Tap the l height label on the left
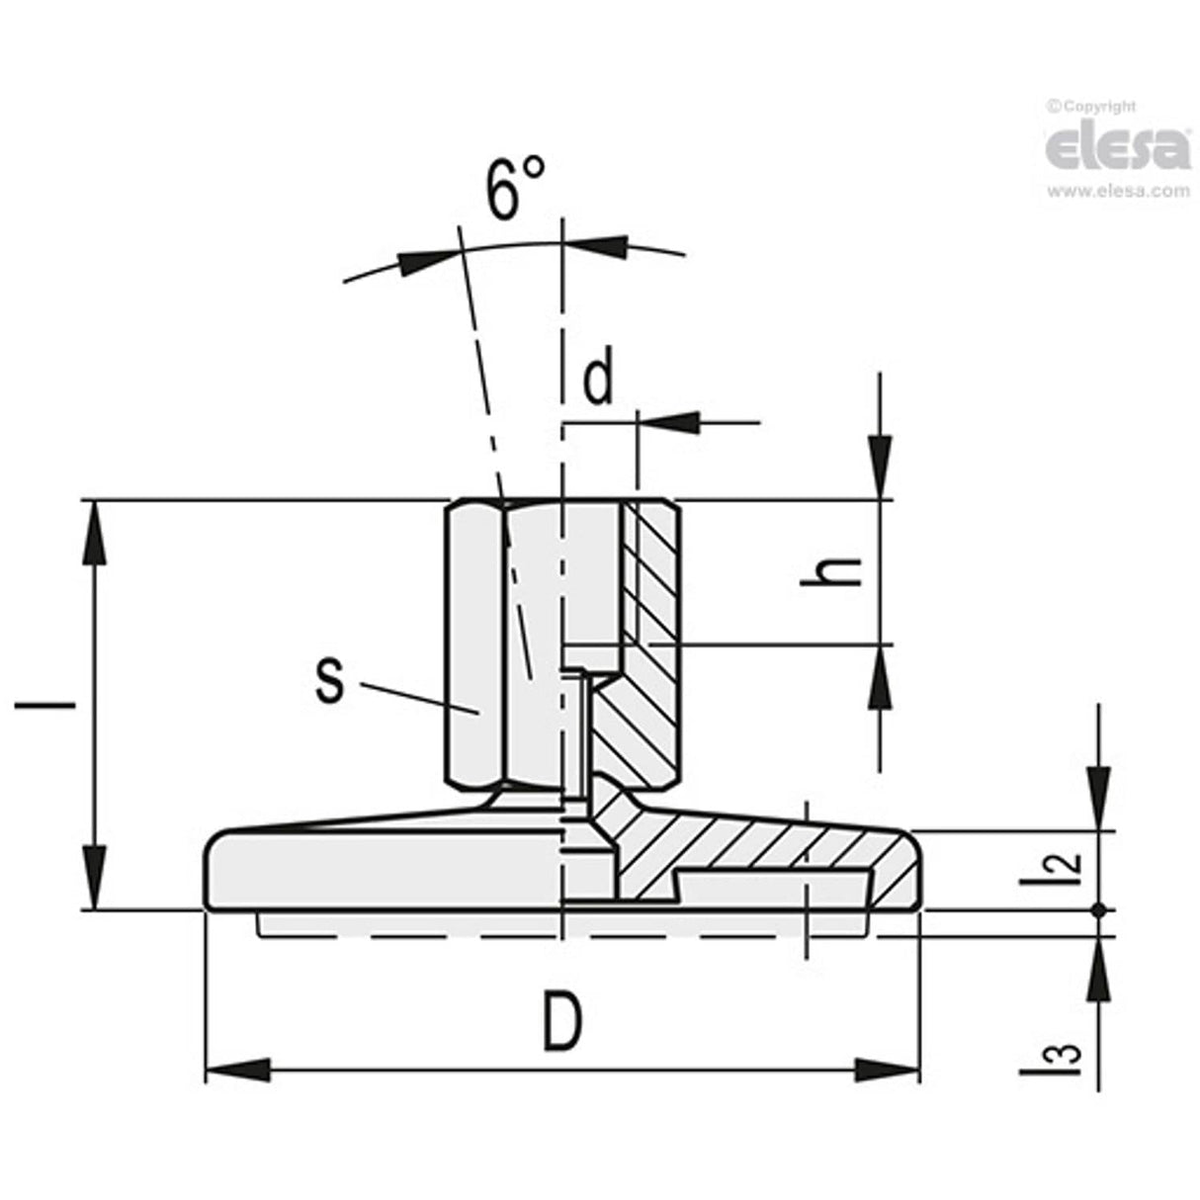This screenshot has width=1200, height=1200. click(x=44, y=706)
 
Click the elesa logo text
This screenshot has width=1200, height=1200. click(x=1117, y=148)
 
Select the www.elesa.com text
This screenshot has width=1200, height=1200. click(x=1118, y=192)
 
